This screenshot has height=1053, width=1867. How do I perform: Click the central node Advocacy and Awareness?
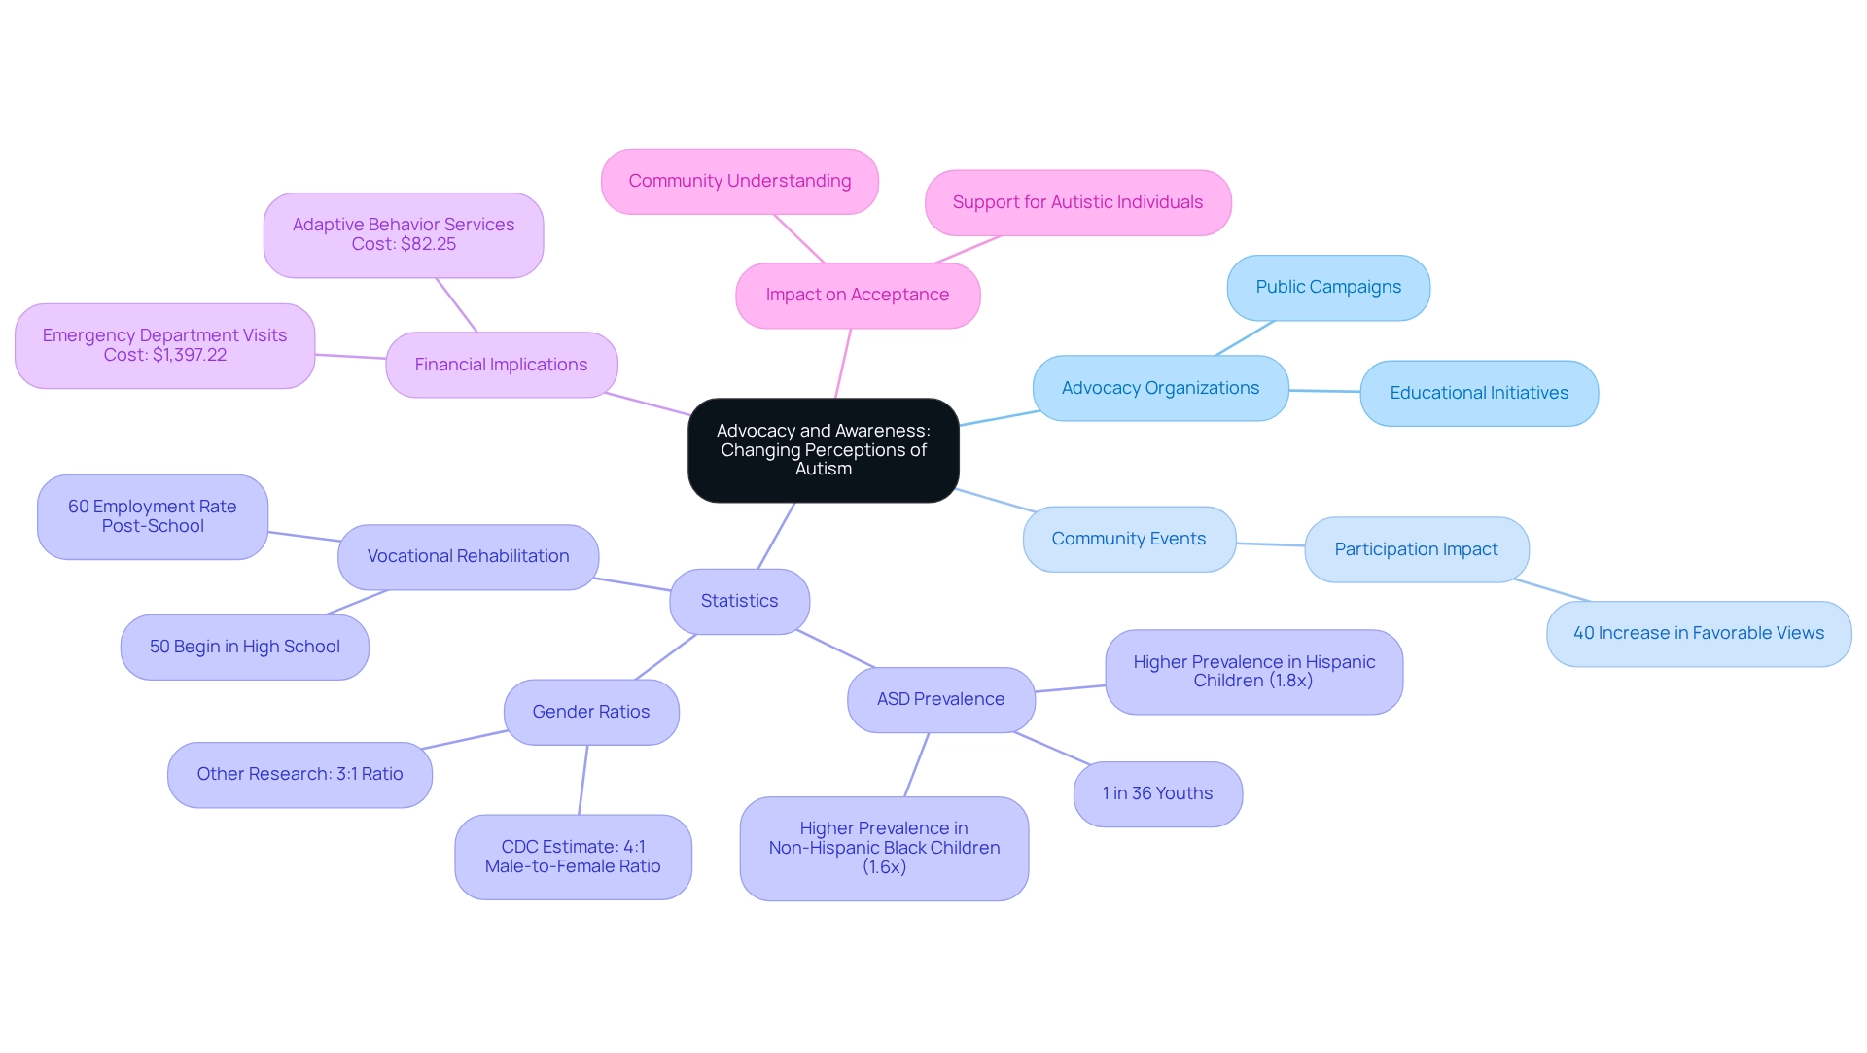[823, 450]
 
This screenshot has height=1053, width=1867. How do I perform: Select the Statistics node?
[739, 601]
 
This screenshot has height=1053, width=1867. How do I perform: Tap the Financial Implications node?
[501, 365]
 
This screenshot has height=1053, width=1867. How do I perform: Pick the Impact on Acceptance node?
[857, 295]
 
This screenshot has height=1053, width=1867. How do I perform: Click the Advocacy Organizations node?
[1160, 388]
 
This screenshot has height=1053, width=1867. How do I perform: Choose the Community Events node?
[1128, 539]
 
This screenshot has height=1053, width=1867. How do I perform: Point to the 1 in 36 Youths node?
[1157, 793]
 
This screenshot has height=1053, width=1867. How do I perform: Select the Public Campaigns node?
[1328, 287]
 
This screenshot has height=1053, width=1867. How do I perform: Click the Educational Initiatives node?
[1478, 393]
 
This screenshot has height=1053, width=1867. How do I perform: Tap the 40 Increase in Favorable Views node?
[1698, 633]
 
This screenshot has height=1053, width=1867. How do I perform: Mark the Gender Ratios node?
[590, 712]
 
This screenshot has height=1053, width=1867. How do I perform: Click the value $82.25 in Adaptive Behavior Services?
[428, 244]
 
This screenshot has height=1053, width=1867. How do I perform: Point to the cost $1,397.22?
[190, 355]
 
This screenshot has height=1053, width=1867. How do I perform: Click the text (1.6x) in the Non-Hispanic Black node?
[884, 866]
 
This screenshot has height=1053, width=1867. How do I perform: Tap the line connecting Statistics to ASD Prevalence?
[836, 649]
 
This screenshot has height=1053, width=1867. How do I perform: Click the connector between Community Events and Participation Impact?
[1270, 544]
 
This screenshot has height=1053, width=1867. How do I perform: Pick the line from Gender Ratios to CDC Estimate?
[583, 780]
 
